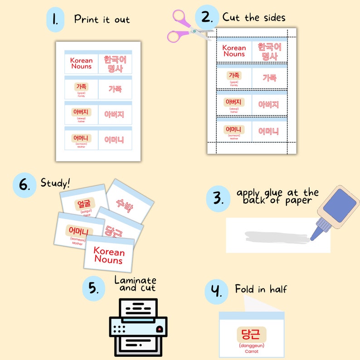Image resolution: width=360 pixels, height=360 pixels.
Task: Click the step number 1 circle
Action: coord(55,19)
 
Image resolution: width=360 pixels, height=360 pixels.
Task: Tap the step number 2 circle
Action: coord(207,18)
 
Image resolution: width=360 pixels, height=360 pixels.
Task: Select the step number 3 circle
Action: coord(219,199)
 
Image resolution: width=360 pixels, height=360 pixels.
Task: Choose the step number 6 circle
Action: coord(24,185)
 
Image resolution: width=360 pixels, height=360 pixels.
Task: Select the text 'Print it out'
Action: coord(102,19)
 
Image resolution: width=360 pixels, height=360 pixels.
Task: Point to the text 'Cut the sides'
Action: coord(254,18)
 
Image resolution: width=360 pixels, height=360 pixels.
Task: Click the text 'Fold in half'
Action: coord(261,289)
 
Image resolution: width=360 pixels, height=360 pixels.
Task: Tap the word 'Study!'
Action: coord(55,183)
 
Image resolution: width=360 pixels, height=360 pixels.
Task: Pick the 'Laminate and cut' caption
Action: coord(135,284)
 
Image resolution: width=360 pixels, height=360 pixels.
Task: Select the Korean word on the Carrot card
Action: coord(251,335)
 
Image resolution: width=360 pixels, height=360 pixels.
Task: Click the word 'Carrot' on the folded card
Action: coord(251,351)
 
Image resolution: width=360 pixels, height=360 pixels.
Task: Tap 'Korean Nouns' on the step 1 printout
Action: coord(81,63)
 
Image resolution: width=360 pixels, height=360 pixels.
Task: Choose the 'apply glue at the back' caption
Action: coord(277,196)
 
